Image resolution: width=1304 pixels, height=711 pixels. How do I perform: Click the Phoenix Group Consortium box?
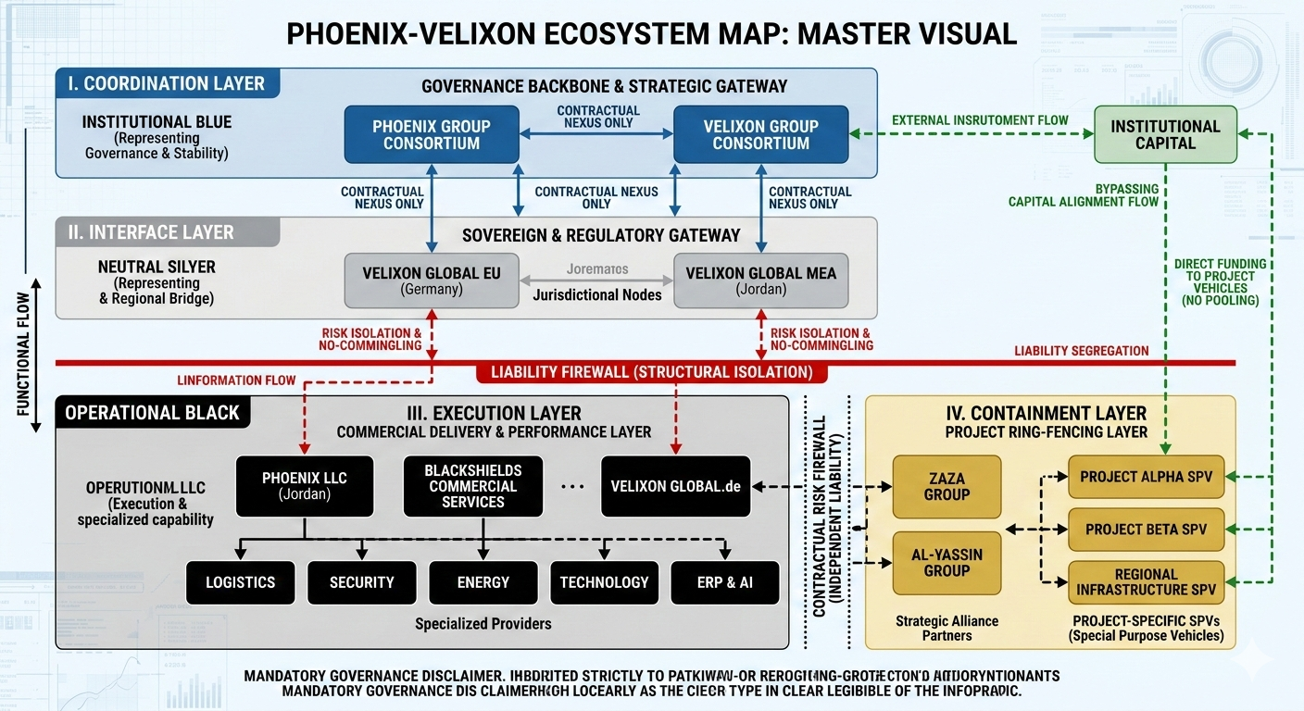432,135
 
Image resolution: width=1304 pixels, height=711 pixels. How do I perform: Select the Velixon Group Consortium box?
760,135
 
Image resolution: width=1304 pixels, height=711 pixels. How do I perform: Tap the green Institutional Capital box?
1165,135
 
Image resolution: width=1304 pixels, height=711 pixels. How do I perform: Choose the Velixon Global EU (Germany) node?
432,281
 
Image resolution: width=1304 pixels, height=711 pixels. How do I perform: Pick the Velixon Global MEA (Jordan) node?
760,281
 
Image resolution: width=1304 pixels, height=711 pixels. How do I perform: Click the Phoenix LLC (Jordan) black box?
304,486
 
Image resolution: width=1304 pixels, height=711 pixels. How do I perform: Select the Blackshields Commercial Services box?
472,486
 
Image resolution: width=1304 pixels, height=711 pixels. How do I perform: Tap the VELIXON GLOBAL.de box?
675,486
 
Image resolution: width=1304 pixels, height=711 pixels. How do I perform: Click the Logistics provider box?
240,582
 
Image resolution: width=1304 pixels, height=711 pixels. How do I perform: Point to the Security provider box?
361,582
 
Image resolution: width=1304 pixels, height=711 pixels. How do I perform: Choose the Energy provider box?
483,582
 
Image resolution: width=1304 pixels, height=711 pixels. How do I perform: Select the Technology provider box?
604,582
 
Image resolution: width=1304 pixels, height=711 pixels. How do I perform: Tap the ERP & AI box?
724,582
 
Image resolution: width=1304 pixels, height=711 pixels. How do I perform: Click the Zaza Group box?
947,487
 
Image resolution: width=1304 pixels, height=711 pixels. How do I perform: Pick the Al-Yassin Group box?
947,563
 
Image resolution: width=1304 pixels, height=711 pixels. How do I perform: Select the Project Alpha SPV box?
1146,477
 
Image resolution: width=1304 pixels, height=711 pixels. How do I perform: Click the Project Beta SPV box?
1146,530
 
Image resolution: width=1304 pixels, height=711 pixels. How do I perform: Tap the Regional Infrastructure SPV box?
1146,582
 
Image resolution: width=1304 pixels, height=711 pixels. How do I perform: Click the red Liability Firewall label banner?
651,372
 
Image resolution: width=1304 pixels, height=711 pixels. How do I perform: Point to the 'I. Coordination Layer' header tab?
167,83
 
